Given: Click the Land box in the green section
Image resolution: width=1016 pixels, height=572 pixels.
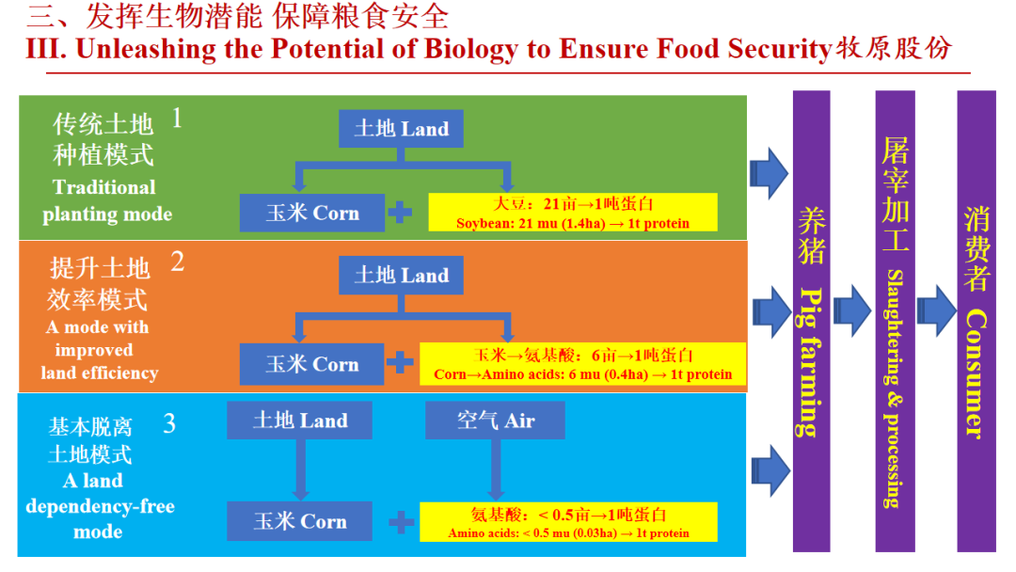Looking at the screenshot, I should pyautogui.click(x=401, y=129).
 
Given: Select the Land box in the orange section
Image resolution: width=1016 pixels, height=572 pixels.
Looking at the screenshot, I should pyautogui.click(x=401, y=276).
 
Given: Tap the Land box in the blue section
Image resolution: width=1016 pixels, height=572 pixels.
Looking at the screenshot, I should pyautogui.click(x=300, y=421).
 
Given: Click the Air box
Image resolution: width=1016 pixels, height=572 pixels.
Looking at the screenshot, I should pyautogui.click(x=495, y=421).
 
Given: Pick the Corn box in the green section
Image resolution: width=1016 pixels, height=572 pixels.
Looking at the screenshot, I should pyautogui.click(x=312, y=213).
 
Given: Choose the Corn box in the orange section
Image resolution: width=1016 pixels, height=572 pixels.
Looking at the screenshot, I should pyautogui.click(x=312, y=364).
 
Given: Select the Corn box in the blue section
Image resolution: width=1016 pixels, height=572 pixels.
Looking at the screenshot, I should pyautogui.click(x=300, y=521).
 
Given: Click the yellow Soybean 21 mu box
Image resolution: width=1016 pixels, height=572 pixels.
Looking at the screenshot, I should pyautogui.click(x=573, y=213).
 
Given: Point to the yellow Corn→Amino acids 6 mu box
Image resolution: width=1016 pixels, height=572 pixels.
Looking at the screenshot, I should pyautogui.click(x=582, y=364).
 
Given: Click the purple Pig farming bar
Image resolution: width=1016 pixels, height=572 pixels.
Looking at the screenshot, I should pyautogui.click(x=811, y=320).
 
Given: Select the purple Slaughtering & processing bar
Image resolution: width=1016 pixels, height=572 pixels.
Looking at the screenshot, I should pyautogui.click(x=894, y=320).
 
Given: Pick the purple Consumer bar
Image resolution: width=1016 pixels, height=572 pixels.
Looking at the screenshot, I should pyautogui.click(x=976, y=320).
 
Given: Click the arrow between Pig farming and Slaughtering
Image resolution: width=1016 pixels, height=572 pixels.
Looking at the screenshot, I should pyautogui.click(x=852, y=310).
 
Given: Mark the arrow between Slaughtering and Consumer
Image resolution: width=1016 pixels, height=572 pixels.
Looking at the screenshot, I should pyautogui.click(x=935, y=310).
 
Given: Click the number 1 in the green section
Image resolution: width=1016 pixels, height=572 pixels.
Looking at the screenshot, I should pyautogui.click(x=176, y=119).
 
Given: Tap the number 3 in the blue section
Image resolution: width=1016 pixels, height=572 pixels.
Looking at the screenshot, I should pyautogui.click(x=169, y=423).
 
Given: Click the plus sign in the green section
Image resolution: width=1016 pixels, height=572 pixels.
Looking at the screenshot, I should pyautogui.click(x=401, y=213).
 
